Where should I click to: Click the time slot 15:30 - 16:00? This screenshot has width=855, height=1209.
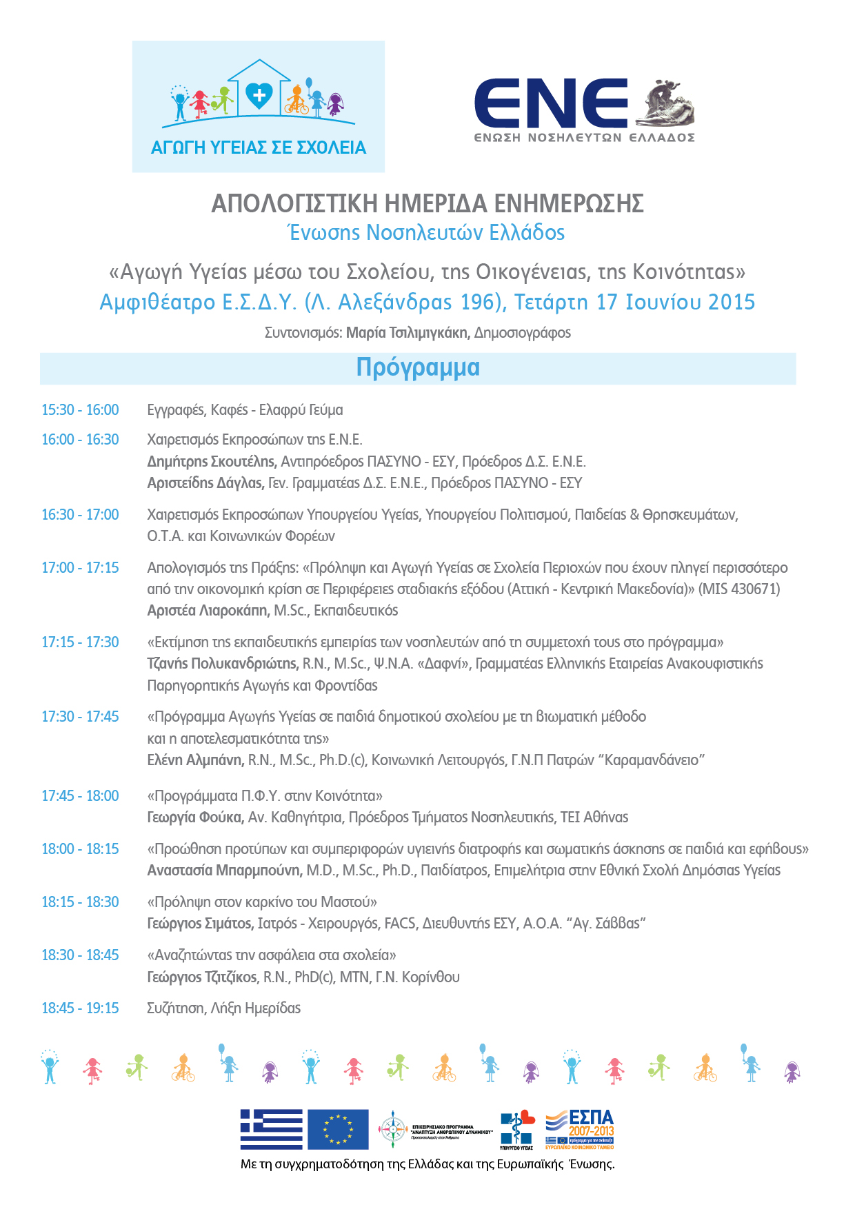click(80, 410)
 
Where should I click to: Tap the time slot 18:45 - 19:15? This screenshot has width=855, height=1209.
click(80, 1008)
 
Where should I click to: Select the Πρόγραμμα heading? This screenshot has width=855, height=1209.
click(418, 367)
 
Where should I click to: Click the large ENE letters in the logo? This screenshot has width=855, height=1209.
click(551, 103)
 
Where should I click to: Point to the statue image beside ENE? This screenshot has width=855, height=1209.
click(665, 104)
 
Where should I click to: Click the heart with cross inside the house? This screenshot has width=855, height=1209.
click(259, 94)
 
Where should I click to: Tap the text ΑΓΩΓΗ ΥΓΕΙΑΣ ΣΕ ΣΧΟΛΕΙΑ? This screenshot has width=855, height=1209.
click(259, 148)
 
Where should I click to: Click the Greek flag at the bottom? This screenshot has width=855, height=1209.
click(271, 1129)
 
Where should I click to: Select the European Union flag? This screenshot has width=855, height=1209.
click(338, 1129)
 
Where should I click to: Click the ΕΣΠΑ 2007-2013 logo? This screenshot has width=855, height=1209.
click(580, 1129)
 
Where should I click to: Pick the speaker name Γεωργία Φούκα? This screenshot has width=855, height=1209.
click(195, 817)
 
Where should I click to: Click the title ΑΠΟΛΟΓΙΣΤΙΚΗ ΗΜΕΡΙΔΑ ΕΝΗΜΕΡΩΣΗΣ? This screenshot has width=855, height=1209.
click(428, 203)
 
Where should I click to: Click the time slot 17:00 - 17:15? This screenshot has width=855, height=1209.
click(80, 568)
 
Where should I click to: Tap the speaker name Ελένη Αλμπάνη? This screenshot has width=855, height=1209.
click(195, 760)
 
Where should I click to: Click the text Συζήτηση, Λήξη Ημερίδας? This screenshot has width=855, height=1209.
click(224, 1008)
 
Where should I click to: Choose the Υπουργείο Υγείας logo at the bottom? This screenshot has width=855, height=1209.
click(517, 1129)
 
